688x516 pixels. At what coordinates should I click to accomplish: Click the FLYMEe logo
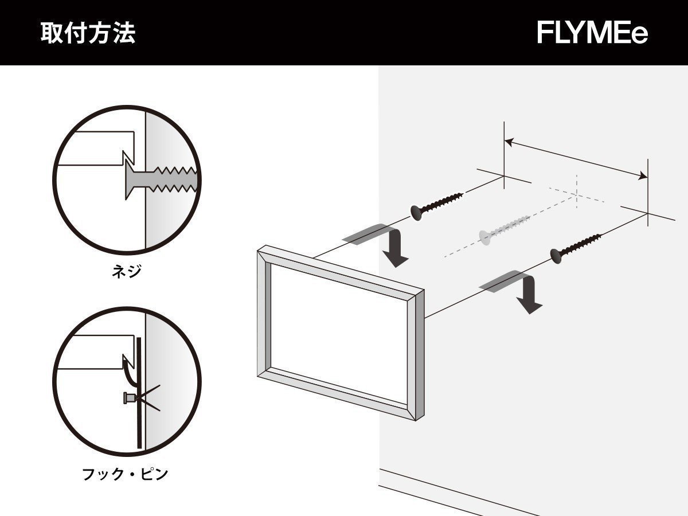(592, 33)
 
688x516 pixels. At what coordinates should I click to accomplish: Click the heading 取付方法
(88, 33)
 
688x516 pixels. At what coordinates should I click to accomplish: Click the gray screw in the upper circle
(161, 179)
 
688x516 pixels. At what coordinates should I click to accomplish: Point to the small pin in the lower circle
(130, 397)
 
